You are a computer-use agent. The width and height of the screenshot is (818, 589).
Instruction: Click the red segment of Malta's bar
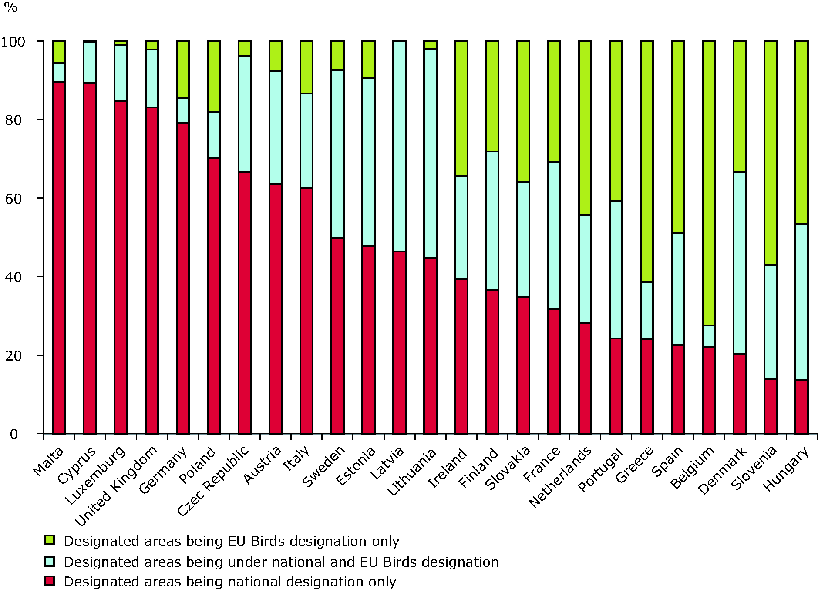pos(59,257)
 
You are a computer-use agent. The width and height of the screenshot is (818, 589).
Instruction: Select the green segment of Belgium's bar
pos(709,183)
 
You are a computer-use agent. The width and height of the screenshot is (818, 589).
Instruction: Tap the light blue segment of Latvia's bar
pos(399,146)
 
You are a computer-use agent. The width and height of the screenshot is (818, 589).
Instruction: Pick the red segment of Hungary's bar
pos(801,406)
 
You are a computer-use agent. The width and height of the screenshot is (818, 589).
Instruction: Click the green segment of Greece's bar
pos(647,161)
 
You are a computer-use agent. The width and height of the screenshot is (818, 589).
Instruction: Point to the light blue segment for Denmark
pos(740,263)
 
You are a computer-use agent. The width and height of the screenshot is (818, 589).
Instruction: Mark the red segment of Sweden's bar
pos(337,335)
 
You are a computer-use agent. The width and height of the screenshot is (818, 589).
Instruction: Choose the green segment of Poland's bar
pos(214,77)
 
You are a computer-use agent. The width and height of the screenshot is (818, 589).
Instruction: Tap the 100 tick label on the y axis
pos(13,42)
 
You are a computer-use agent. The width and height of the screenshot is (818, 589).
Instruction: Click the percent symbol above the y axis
pos(10,7)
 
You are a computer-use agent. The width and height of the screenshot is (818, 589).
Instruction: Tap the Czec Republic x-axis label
pos(213,481)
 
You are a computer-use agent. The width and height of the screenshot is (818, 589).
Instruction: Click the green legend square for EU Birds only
pos(50,540)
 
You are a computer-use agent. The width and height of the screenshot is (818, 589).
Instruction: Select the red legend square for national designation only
pos(50,581)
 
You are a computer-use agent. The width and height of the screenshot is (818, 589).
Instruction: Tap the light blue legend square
pos(50,561)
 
